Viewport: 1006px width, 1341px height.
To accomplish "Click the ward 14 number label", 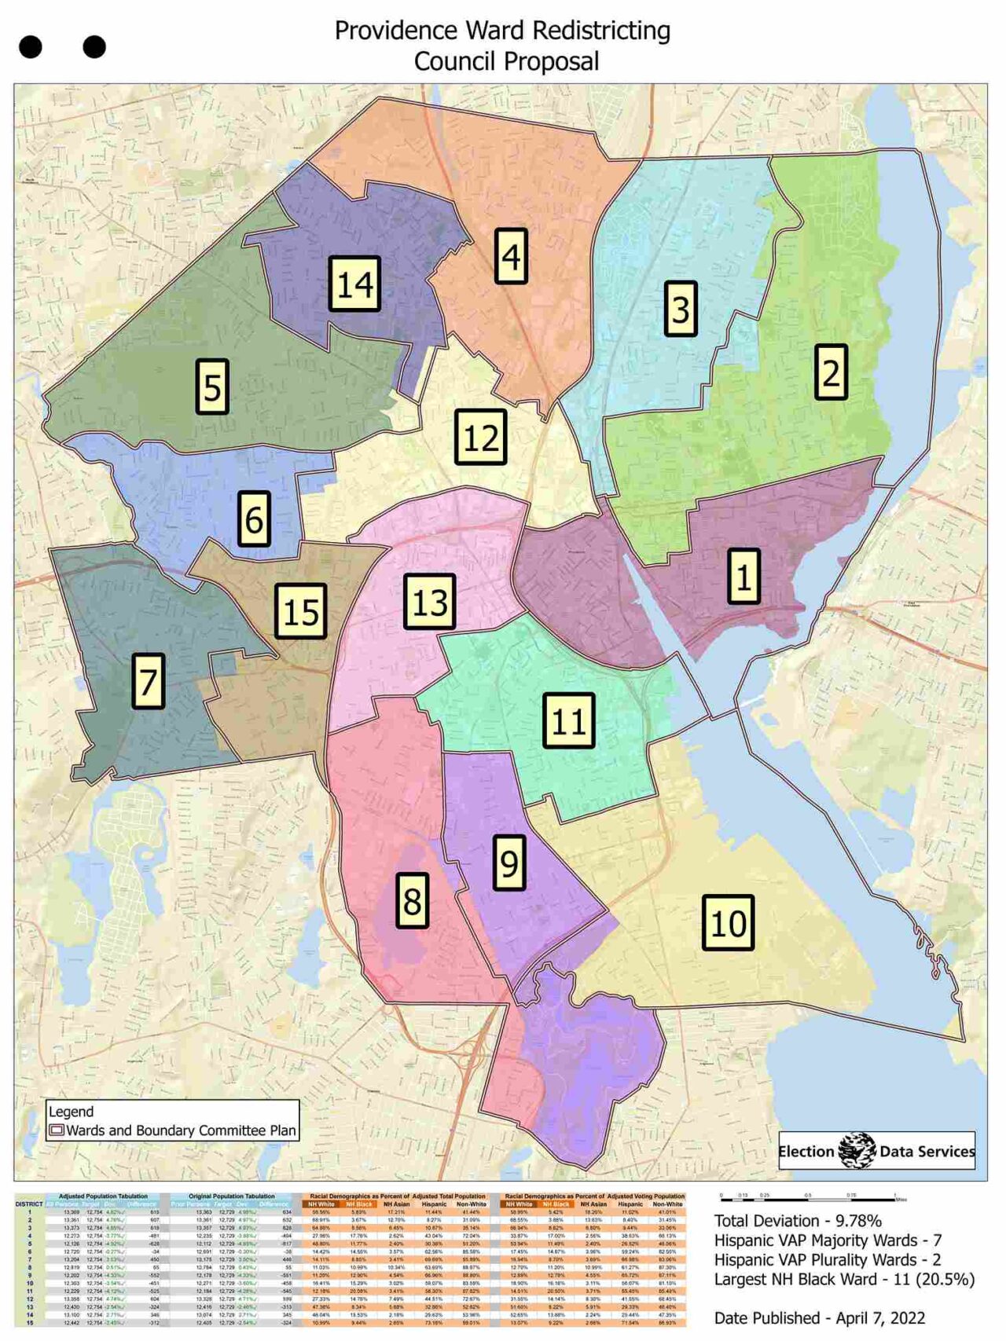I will pyautogui.click(x=354, y=284).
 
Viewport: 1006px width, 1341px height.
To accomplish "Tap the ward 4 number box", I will pyautogui.click(x=511, y=256).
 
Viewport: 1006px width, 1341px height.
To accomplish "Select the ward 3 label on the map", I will pyautogui.click(x=681, y=309).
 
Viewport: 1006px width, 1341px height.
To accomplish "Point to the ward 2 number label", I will pyautogui.click(x=831, y=372).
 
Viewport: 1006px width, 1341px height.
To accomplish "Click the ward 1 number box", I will pyautogui.click(x=743, y=577).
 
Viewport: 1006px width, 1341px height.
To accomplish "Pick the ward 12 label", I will pyautogui.click(x=480, y=438).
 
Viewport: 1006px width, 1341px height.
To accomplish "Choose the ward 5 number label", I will pyautogui.click(x=212, y=387).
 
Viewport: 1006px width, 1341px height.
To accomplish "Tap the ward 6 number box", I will pyautogui.click(x=254, y=518).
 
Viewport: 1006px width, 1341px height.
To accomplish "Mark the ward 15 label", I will pyautogui.click(x=301, y=611).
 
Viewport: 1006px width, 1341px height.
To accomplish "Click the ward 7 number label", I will pyautogui.click(x=148, y=680).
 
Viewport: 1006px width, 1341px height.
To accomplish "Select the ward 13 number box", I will pyautogui.click(x=430, y=602).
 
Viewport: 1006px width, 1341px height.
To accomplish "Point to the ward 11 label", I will pyautogui.click(x=569, y=720).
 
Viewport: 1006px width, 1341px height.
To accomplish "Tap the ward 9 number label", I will pyautogui.click(x=509, y=862).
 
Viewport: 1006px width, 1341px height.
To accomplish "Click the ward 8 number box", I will pyautogui.click(x=412, y=900).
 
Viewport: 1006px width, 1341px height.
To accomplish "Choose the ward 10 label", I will pyautogui.click(x=728, y=923).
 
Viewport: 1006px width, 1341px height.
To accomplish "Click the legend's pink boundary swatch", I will pyautogui.click(x=57, y=1131).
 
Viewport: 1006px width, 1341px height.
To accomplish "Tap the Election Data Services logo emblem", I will pyautogui.click(x=857, y=1151).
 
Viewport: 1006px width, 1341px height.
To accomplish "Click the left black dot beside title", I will pyautogui.click(x=31, y=47).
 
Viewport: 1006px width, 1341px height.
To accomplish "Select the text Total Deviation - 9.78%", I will pyautogui.click(x=797, y=1221).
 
